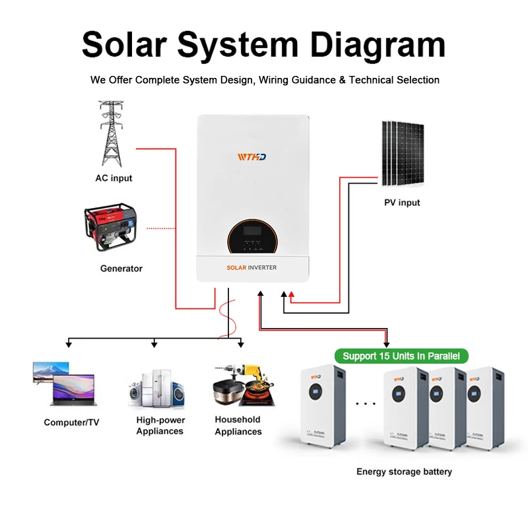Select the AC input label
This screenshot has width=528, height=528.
pos(114,178)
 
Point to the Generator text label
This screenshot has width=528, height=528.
pos(121,269)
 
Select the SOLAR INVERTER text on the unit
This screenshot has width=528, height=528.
pos(251,267)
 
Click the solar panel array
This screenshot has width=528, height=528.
pos(403,153)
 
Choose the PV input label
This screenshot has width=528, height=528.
pos(402,203)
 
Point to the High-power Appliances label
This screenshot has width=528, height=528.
pos(160,426)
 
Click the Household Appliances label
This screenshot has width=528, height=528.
pos(238,426)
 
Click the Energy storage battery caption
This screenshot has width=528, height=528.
pos(404,471)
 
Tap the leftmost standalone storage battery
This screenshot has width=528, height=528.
pos(323,406)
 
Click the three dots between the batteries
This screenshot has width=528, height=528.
pos(365,401)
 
